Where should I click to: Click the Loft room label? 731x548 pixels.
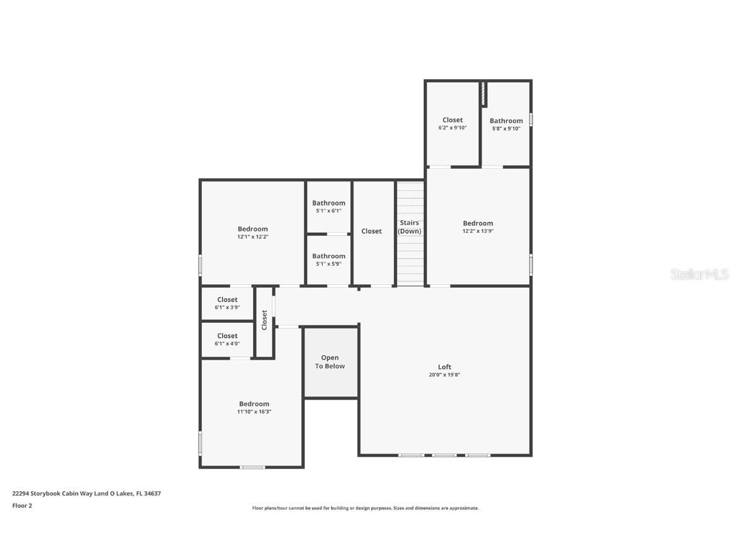coord(444,367)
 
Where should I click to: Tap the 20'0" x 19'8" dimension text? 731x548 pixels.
coord(444,375)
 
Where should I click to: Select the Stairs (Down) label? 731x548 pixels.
coord(409,227)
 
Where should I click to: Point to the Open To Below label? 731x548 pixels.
coord(329,362)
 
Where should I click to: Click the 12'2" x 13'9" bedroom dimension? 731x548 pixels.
coord(478,231)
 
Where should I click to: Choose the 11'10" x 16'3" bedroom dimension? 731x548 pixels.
coord(254,412)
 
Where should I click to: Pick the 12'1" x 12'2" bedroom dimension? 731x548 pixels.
coord(253,237)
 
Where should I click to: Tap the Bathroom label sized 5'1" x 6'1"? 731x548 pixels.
coord(329,203)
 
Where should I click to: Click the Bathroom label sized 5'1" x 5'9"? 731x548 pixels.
coord(329,256)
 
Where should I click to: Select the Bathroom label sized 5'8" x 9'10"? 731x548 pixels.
coord(506,121)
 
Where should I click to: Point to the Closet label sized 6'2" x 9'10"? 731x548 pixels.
coord(452,121)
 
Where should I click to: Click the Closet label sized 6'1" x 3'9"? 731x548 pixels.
coord(228,300)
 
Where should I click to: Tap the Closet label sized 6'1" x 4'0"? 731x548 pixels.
coord(228,336)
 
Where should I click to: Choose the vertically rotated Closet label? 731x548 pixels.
coord(265,320)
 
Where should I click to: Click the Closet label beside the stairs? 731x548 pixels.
coord(372,231)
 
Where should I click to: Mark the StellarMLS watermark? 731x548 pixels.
coord(699,274)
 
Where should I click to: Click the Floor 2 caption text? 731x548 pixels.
coord(22,506)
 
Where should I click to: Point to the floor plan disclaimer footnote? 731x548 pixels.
coord(365,509)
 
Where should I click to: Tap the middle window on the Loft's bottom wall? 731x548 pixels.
coord(444,455)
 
